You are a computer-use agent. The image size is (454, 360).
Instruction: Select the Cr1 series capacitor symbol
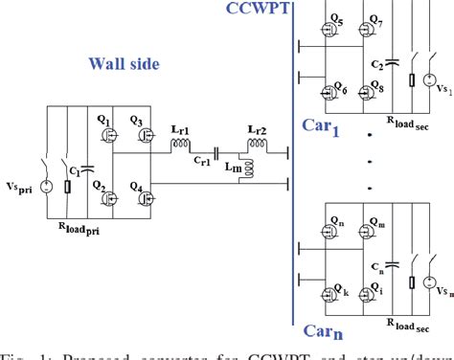pos(218,153)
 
